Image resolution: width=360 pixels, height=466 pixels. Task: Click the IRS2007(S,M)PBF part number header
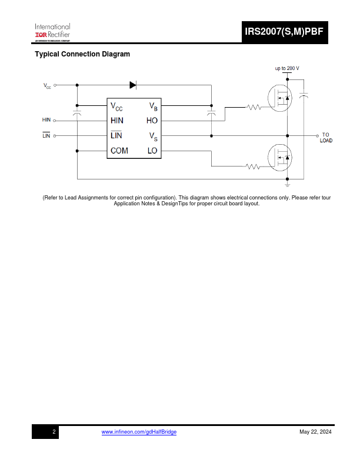pyautogui.click(x=284, y=32)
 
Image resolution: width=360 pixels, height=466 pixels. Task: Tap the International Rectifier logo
pyautogui.click(x=52, y=32)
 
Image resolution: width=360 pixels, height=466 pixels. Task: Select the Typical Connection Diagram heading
pyautogui.click(x=82, y=54)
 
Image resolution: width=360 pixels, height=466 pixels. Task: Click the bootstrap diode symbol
pyautogui.click(x=133, y=85)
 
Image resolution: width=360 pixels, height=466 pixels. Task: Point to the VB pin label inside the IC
pyautogui.click(x=154, y=106)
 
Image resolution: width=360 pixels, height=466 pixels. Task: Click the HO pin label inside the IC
pyautogui.click(x=152, y=121)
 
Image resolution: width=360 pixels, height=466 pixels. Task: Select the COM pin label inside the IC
pyautogui.click(x=119, y=151)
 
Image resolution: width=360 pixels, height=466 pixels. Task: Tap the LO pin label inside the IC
pyautogui.click(x=152, y=151)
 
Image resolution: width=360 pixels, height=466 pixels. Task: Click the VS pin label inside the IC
pyautogui.click(x=154, y=137)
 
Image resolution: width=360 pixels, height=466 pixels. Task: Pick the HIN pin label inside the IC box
pyautogui.click(x=117, y=121)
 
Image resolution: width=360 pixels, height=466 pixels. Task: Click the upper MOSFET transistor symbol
pyautogui.click(x=280, y=98)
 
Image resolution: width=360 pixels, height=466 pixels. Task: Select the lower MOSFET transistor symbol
pyautogui.click(x=280, y=158)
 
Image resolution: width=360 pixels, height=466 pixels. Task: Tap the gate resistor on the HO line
pyautogui.click(x=254, y=107)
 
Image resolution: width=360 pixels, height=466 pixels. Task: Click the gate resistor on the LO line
pyautogui.click(x=253, y=167)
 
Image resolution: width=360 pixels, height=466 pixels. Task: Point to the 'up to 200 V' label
pyautogui.click(x=287, y=68)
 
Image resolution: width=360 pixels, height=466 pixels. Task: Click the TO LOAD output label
pyautogui.click(x=326, y=138)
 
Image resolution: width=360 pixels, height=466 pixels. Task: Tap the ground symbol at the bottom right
pyautogui.click(x=287, y=184)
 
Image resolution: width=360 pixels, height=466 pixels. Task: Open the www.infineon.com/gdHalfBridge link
pyautogui.click(x=139, y=432)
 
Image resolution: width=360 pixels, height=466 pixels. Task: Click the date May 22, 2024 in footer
pyautogui.click(x=315, y=432)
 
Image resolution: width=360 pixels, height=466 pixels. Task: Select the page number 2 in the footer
pyautogui.click(x=54, y=432)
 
